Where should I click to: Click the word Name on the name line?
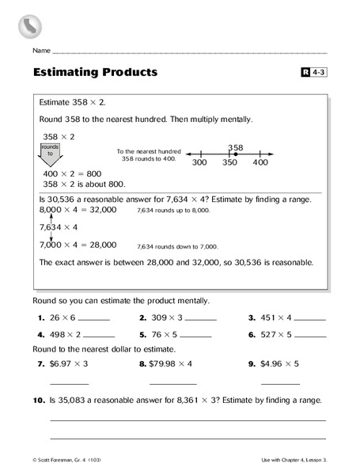(41, 50)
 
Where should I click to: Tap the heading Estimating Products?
(95, 73)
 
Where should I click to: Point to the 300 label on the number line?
(199, 162)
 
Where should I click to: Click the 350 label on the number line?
(229, 162)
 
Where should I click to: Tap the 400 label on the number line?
(260, 162)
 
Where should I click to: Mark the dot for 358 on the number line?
(235, 154)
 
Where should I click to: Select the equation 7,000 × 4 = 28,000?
(78, 245)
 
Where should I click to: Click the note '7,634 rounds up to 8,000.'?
(173, 211)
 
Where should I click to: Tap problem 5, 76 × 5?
(164, 334)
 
